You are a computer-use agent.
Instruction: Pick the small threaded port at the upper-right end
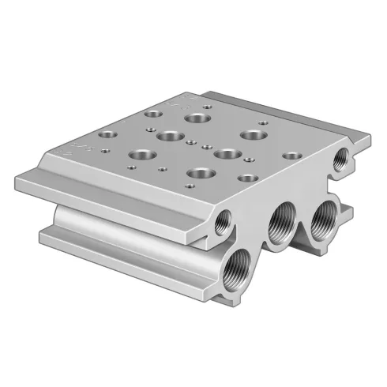[340, 157]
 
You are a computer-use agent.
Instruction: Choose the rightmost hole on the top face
[291, 156]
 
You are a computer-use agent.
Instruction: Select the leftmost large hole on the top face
[143, 154]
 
